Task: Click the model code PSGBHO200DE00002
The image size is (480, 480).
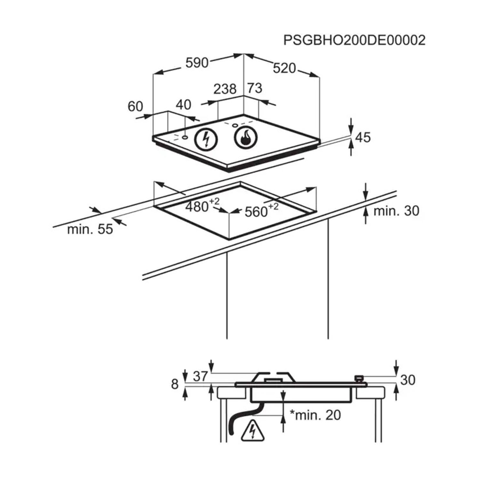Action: pyautogui.click(x=354, y=41)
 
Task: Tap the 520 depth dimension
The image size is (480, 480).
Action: pyautogui.click(x=284, y=68)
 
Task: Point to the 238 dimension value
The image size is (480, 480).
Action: pyautogui.click(x=225, y=89)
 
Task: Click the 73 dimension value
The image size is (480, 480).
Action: pyautogui.click(x=255, y=88)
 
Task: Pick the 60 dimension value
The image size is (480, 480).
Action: pyautogui.click(x=135, y=106)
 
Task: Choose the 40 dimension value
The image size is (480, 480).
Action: pyautogui.click(x=184, y=105)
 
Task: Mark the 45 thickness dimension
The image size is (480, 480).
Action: pyautogui.click(x=363, y=137)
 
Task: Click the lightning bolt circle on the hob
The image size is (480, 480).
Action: pyautogui.click(x=206, y=139)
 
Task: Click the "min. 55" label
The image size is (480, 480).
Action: pyautogui.click(x=90, y=229)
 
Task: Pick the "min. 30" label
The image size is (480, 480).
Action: pyautogui.click(x=396, y=211)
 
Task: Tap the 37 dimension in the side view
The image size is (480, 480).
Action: pyautogui.click(x=200, y=376)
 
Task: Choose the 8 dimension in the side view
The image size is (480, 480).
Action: pyautogui.click(x=174, y=384)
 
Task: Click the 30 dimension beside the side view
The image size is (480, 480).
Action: pyautogui.click(x=407, y=380)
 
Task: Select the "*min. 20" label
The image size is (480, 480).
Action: pyautogui.click(x=315, y=415)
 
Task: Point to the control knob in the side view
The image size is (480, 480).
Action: pyautogui.click(x=359, y=379)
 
